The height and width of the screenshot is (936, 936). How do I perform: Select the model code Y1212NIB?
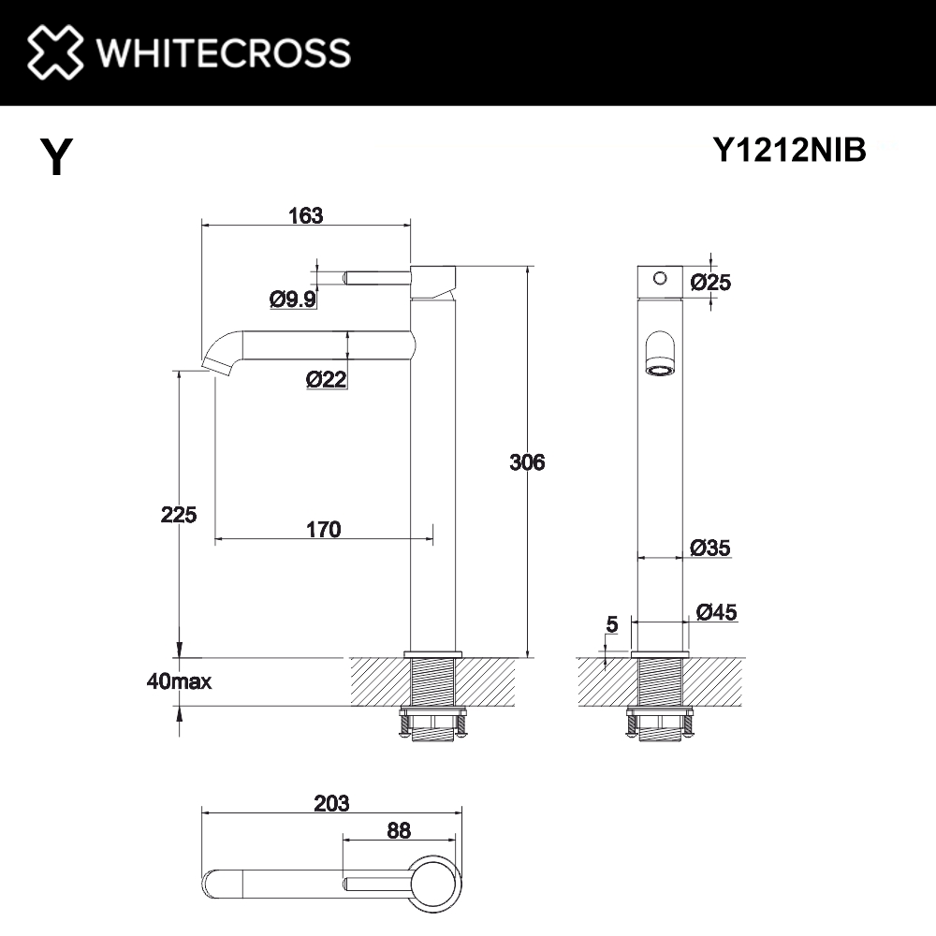click(x=790, y=150)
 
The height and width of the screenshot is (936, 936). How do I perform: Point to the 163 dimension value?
click(x=305, y=215)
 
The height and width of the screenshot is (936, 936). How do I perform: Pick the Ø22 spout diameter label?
click(x=327, y=379)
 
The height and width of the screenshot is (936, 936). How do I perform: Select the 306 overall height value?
click(x=527, y=461)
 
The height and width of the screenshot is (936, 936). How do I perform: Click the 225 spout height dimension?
click(x=178, y=514)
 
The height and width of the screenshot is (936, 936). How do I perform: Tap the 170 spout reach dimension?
click(x=323, y=530)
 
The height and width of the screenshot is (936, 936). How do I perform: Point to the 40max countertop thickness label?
click(x=179, y=681)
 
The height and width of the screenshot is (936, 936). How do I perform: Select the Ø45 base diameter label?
click(x=716, y=612)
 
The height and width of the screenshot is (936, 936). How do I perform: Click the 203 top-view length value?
click(x=331, y=803)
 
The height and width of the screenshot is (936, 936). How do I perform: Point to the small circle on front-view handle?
click(x=659, y=278)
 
